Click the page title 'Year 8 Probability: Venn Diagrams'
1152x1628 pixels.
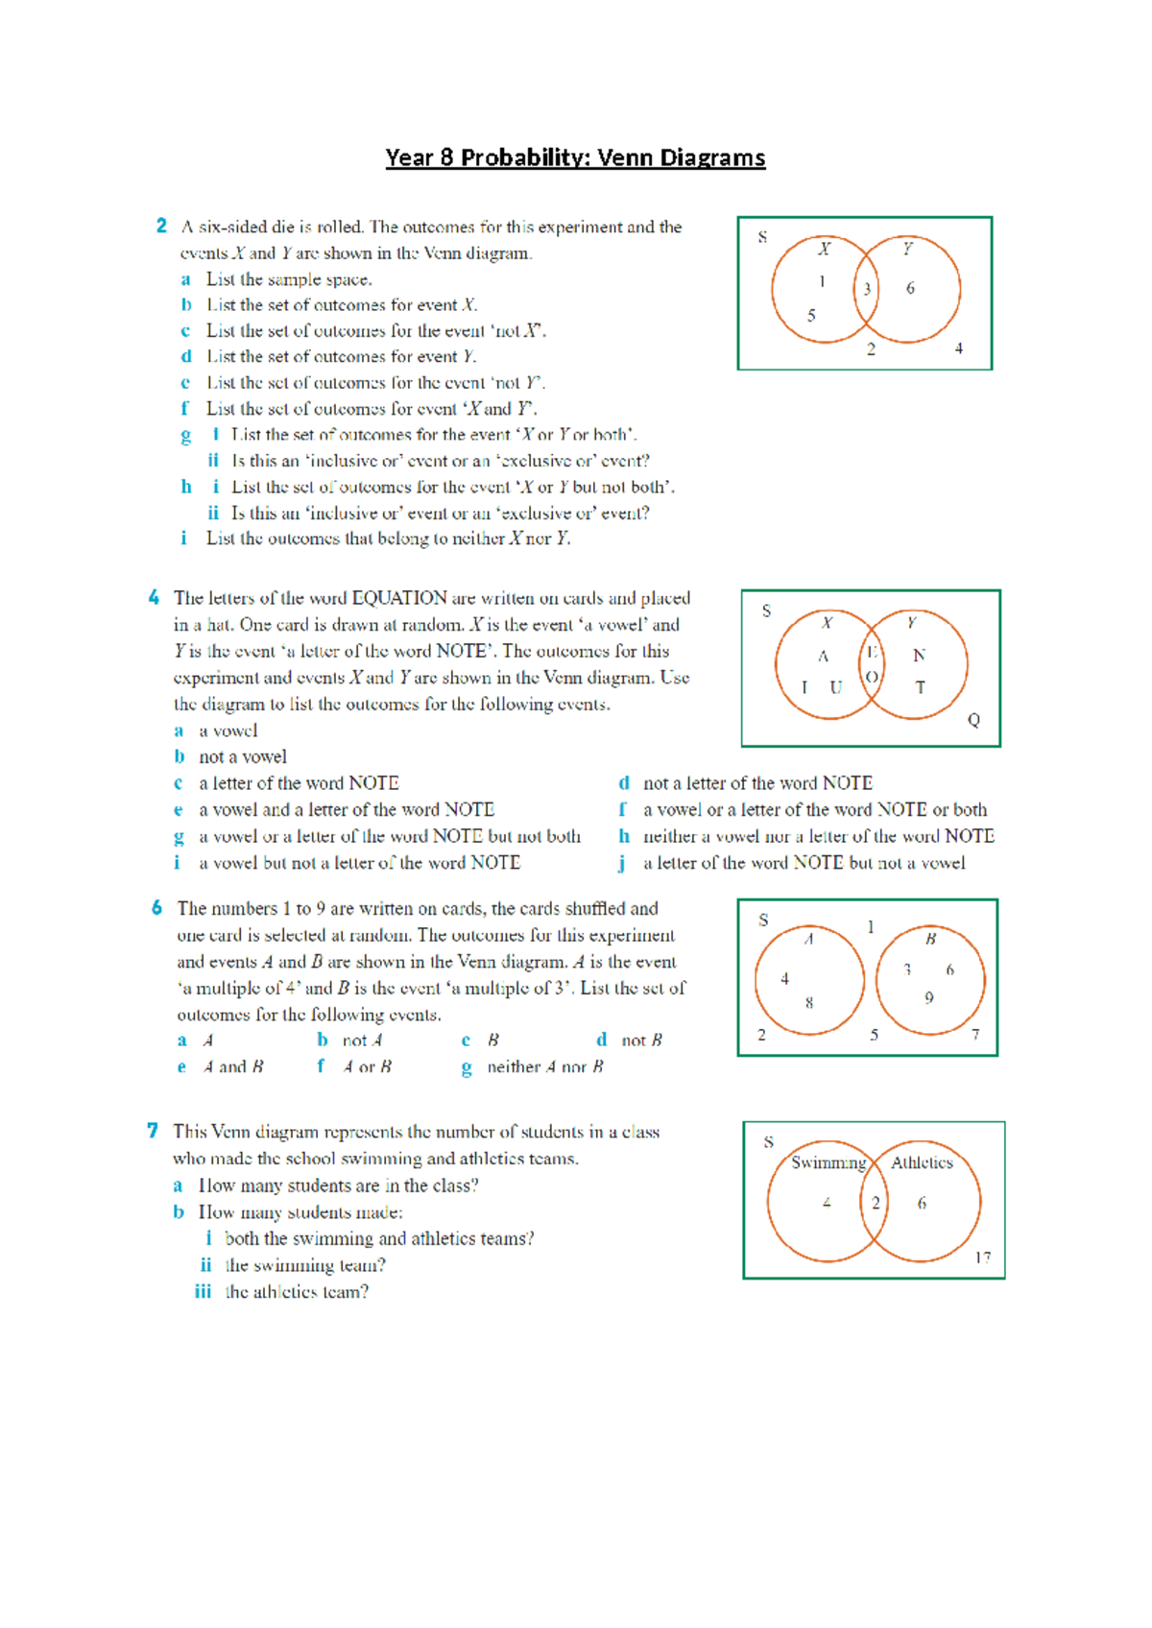pos(575,157)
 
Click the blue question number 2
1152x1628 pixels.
pos(161,226)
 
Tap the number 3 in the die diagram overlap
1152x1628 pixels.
pos(867,289)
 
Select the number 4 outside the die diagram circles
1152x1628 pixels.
pos(958,348)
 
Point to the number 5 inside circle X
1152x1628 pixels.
pos(811,315)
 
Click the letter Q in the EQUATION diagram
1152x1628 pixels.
pos(973,720)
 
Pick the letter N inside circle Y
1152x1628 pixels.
pos(919,655)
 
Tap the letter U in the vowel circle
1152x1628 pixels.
pos(835,687)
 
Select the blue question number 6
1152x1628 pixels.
pos(156,907)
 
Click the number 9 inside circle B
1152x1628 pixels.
pos(928,998)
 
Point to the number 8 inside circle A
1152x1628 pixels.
pos(809,1003)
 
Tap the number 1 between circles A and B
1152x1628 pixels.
pos(871,926)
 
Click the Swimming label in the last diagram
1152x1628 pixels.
pos(828,1162)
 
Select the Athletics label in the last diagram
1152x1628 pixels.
pos(922,1162)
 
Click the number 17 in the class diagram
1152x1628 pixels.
pos(982,1257)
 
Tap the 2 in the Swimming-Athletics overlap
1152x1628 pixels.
pos(875,1203)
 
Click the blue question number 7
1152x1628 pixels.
pos(153,1131)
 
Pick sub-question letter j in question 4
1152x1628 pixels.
pos(622,863)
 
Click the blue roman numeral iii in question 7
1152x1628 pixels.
pos(203,1291)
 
